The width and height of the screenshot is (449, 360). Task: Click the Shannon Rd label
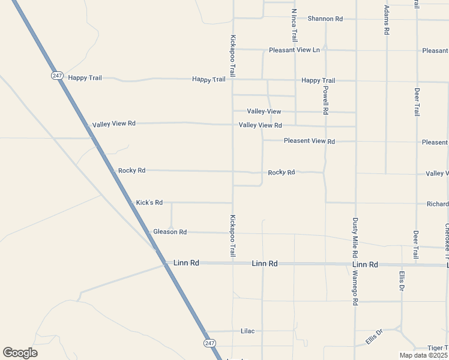click(325, 19)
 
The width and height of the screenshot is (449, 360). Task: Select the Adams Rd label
click(387, 20)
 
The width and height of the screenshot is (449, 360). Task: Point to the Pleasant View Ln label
click(294, 50)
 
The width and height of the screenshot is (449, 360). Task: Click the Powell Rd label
click(325, 100)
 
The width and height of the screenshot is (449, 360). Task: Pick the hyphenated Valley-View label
click(264, 112)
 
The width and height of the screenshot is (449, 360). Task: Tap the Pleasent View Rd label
click(309, 142)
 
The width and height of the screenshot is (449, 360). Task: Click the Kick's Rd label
click(149, 203)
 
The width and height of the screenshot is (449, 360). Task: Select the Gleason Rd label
click(170, 232)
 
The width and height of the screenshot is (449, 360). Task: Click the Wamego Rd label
click(355, 289)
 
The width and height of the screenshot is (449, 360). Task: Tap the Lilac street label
click(248, 331)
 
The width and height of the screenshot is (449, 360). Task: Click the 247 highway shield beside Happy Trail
click(57, 76)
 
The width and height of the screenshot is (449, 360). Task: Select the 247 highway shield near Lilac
click(208, 343)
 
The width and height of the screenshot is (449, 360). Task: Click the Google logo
click(20, 353)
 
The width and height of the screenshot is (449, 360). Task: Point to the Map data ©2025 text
click(423, 355)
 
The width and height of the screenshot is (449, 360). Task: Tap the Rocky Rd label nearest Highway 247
click(132, 170)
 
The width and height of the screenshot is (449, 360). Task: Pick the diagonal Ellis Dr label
click(374, 337)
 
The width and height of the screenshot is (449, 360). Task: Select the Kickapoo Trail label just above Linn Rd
click(232, 236)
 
